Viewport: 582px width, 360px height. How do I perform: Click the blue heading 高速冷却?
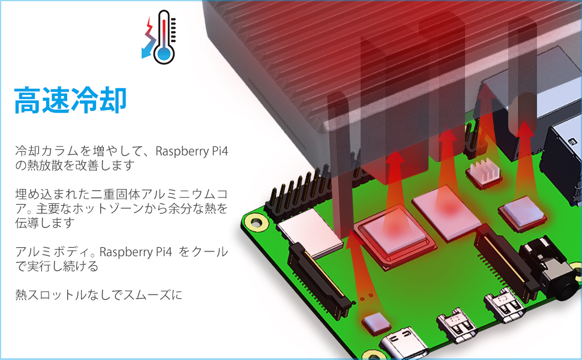pyautogui.click(x=71, y=100)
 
